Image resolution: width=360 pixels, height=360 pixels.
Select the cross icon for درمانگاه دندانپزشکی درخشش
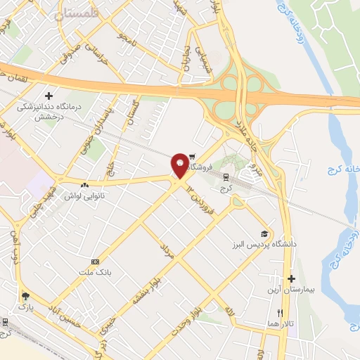49,96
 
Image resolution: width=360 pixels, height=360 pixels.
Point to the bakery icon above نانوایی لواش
84,186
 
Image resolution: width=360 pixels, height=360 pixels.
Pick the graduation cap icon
264,234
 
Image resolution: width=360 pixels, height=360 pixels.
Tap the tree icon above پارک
26,296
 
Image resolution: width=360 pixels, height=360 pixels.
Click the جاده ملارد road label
247,136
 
